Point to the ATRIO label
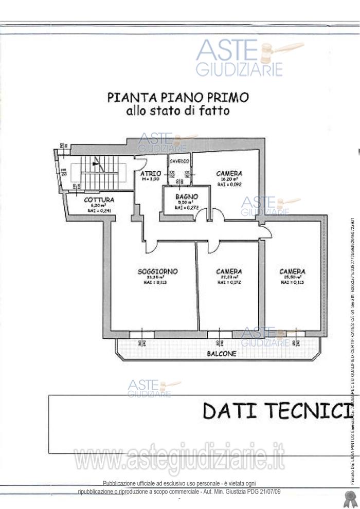pyautogui.click(x=150, y=174)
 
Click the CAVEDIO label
pyautogui.click(x=179, y=161)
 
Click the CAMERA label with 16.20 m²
pyautogui.click(x=229, y=174)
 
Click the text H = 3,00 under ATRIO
pyautogui.click(x=150, y=179)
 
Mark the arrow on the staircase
pyautogui.click(x=95, y=164)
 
